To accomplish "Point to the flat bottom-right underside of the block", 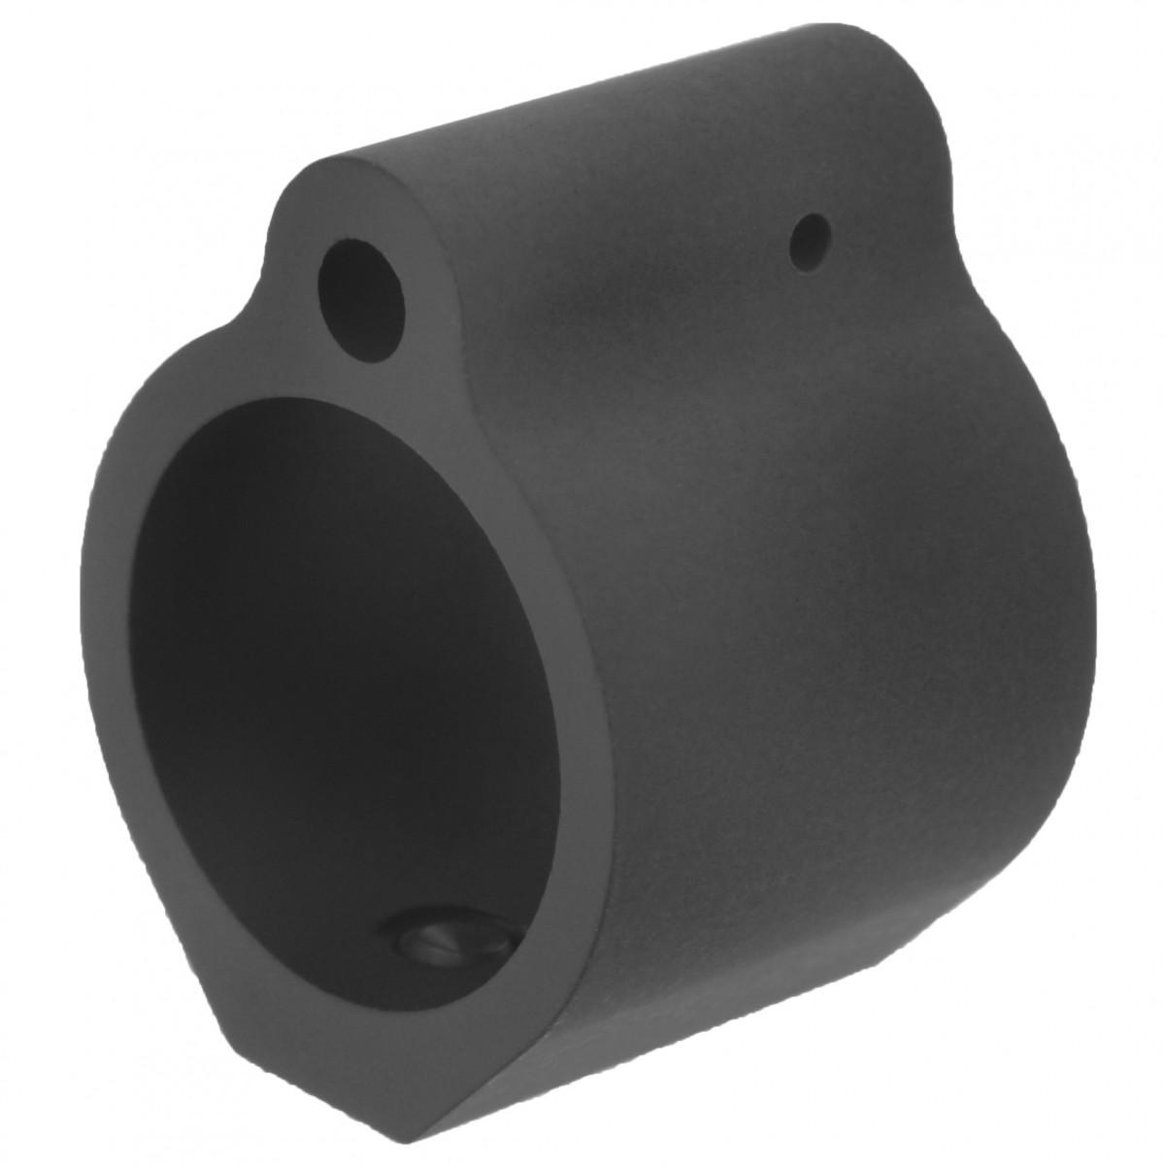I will coord(777,971).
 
